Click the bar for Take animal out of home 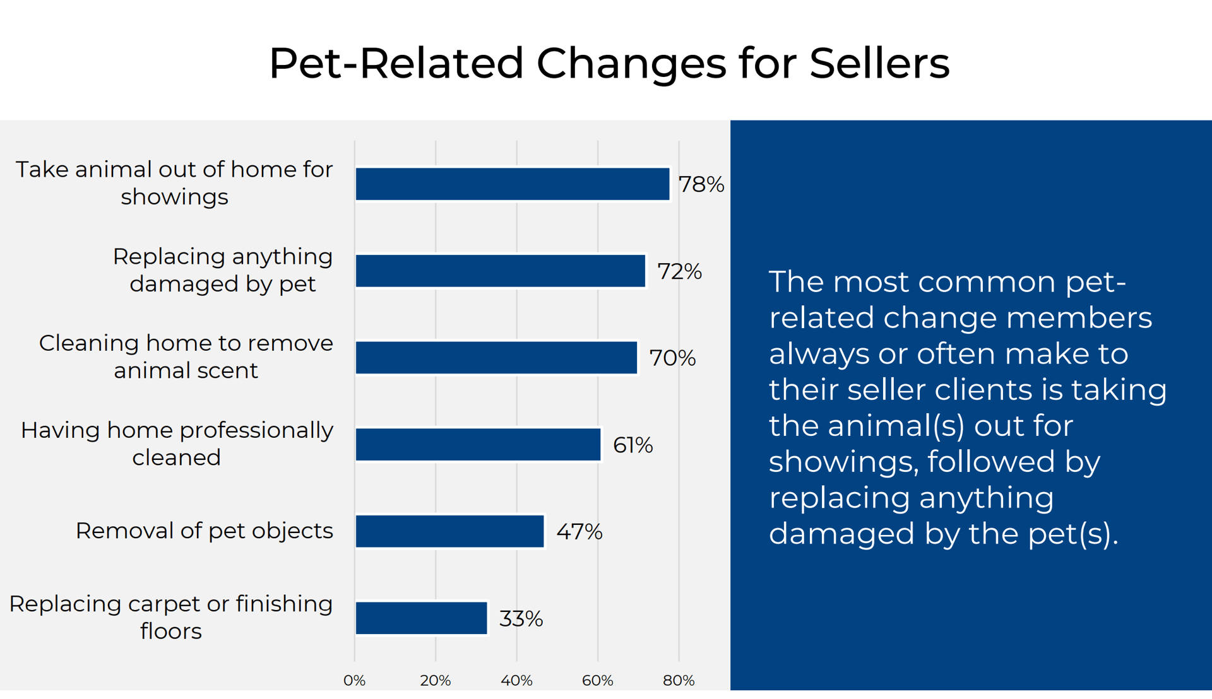click(x=513, y=184)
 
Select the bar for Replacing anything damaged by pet click(x=501, y=271)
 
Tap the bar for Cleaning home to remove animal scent click(x=497, y=358)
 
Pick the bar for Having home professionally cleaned click(x=478, y=445)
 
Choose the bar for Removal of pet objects click(x=450, y=531)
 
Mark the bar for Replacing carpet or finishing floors click(x=422, y=618)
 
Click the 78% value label click(x=701, y=184)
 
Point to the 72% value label click(x=680, y=271)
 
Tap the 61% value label click(x=633, y=445)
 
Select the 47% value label click(x=579, y=532)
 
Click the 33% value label click(x=521, y=619)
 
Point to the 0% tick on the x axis click(x=355, y=681)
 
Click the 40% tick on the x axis click(x=517, y=681)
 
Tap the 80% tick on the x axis click(x=679, y=681)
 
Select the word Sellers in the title click(x=879, y=63)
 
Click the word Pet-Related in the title click(x=396, y=63)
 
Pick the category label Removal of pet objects click(x=205, y=531)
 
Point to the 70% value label click(x=673, y=358)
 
